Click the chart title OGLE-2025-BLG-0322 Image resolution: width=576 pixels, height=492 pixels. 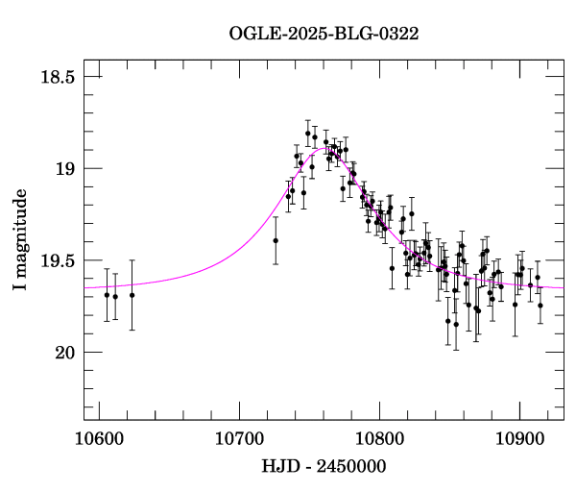[324, 34]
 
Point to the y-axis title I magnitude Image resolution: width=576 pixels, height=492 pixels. [20, 241]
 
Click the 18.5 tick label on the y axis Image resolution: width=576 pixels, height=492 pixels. [56, 77]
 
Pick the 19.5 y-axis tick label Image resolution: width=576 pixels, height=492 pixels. [56, 260]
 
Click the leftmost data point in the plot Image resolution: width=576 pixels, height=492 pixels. [107, 294]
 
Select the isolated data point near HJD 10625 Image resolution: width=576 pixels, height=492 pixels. [132, 295]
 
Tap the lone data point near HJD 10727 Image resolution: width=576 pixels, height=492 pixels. [276, 240]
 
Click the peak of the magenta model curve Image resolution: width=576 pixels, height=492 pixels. [324, 149]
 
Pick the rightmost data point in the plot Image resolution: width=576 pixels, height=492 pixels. [540, 306]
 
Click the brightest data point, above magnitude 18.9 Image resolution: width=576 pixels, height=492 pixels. [308, 134]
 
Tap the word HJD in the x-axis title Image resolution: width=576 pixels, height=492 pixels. [278, 468]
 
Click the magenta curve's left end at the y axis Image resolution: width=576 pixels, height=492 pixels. [85, 286]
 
